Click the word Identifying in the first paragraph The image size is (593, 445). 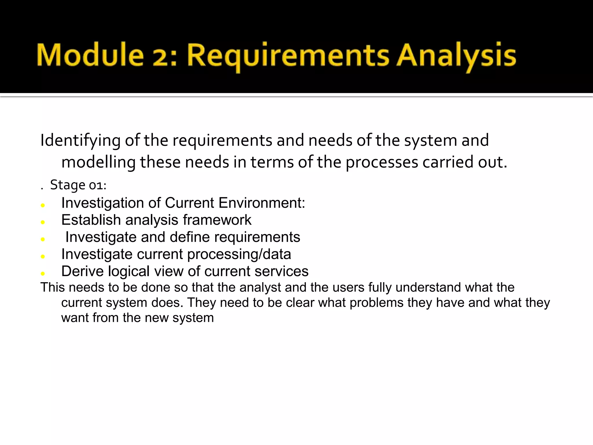80,141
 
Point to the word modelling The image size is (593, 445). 98,162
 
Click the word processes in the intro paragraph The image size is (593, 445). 382,162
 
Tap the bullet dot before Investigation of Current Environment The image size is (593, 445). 43,205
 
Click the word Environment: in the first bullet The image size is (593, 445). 262,203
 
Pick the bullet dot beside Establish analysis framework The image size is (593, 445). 43,222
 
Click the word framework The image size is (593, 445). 217,220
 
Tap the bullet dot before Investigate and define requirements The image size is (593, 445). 43,240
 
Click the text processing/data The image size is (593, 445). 239,254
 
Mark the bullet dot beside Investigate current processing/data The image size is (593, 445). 43,257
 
